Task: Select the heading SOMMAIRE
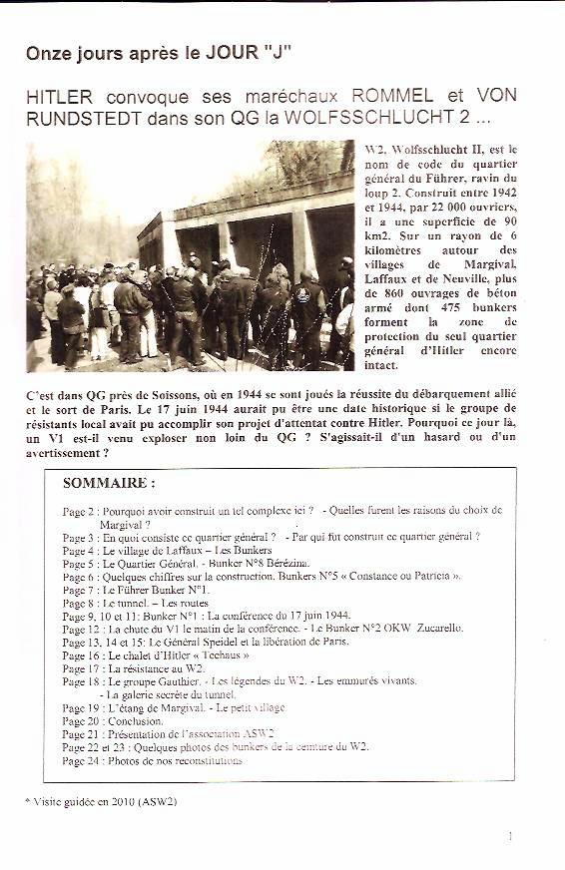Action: coord(109,483)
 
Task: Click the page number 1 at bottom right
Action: coord(510,836)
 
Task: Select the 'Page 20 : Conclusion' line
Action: coord(112,720)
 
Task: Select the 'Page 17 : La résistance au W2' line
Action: coord(133,668)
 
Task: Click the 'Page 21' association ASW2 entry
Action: coord(168,733)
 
